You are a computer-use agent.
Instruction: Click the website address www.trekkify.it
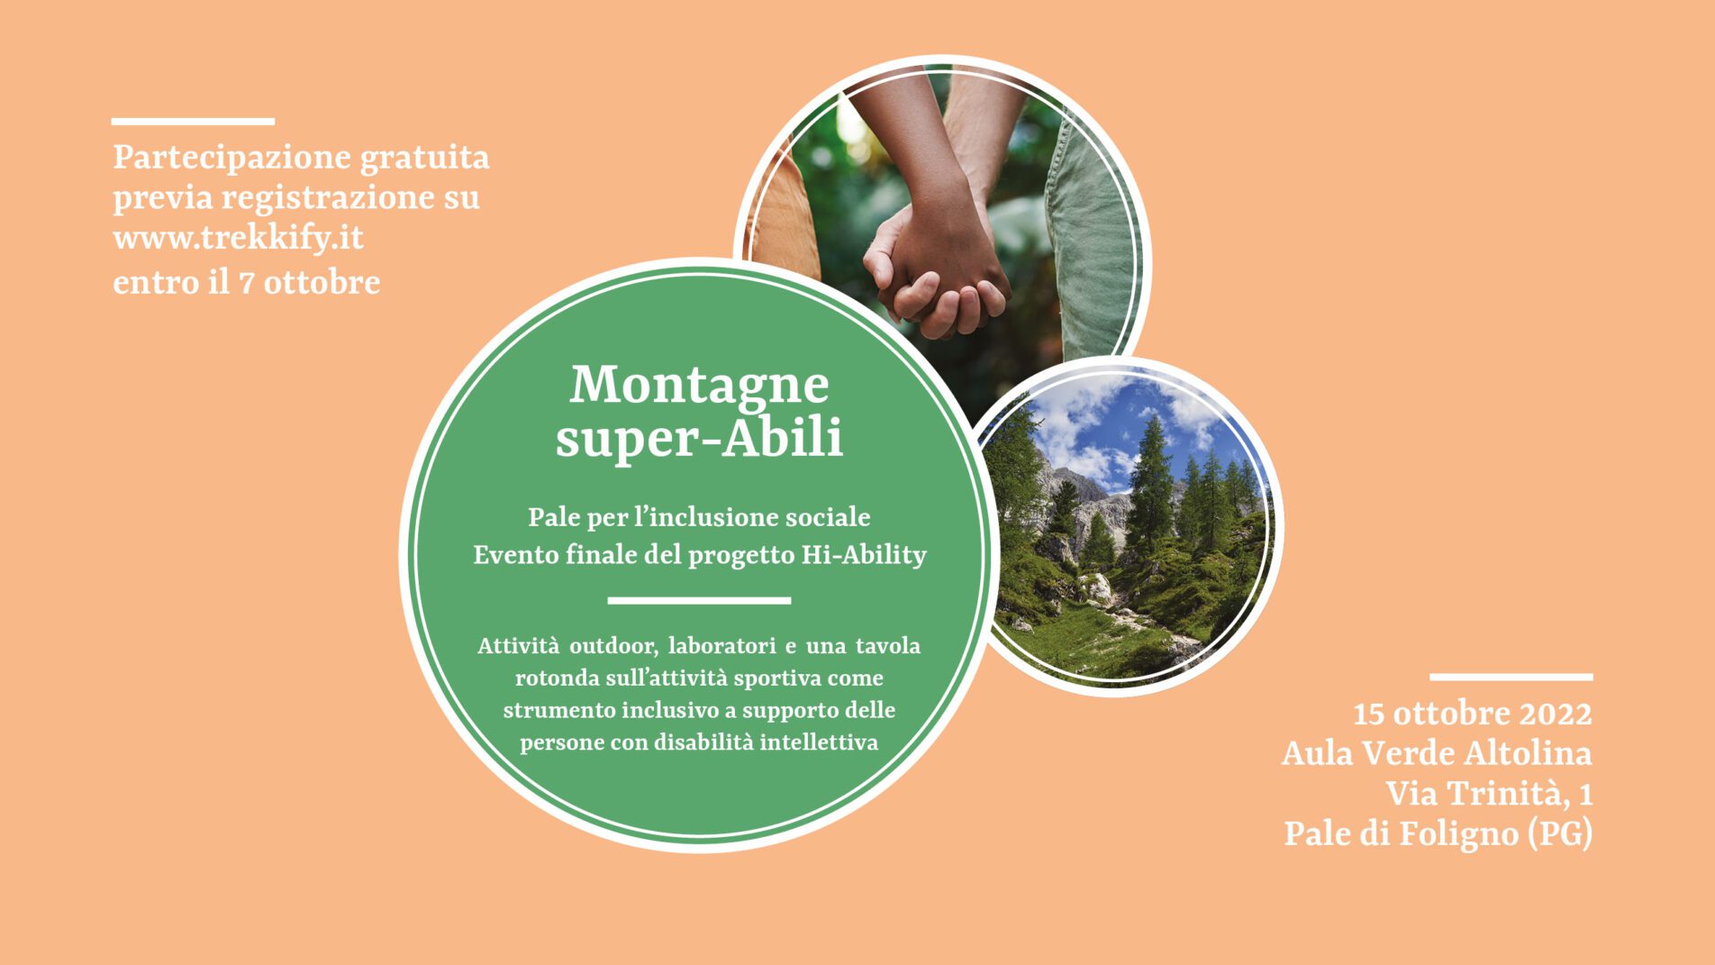click(x=238, y=239)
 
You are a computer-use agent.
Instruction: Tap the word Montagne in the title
click(x=699, y=385)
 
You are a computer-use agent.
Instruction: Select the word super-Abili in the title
click(x=699, y=438)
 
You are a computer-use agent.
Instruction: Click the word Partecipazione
click(x=231, y=159)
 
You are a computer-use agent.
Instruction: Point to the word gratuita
click(x=425, y=159)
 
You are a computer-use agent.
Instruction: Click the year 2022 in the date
click(x=1556, y=714)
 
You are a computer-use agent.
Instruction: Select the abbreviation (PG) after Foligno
click(x=1560, y=833)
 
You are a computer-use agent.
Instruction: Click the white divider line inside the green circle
click(x=699, y=600)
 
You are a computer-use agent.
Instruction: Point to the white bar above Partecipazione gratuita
click(x=193, y=121)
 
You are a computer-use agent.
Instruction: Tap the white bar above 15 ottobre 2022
click(x=1511, y=677)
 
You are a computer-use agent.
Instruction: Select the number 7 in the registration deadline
click(x=245, y=283)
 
